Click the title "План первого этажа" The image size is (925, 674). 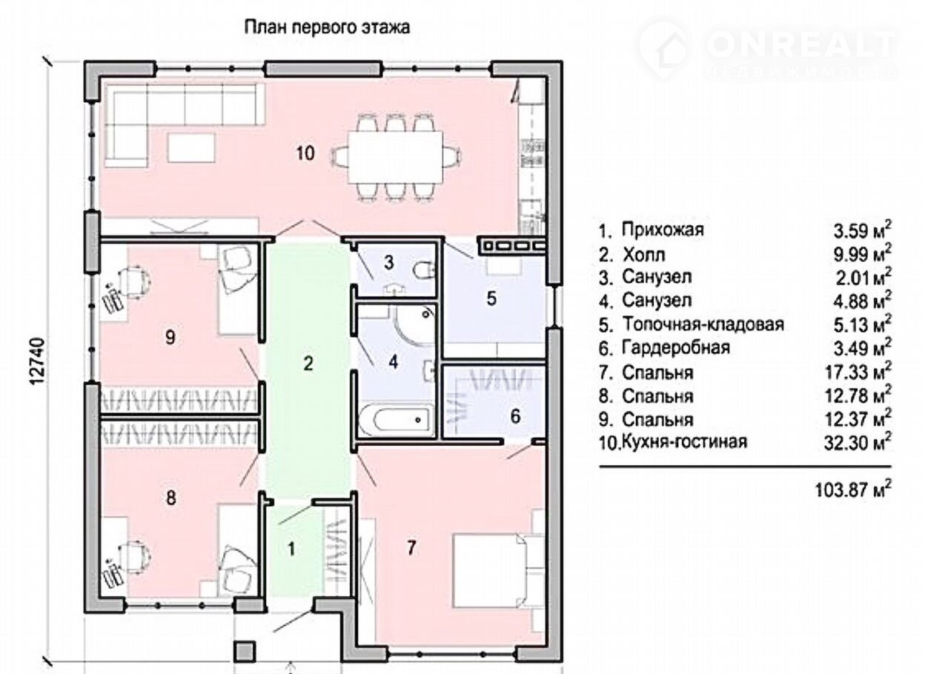[327, 27]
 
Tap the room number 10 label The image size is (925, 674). [305, 153]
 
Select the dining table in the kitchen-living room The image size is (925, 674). [395, 156]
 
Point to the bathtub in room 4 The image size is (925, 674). [396, 420]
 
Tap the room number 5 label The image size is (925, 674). [491, 298]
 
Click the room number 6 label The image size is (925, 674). [515, 416]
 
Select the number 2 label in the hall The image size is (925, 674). [308, 363]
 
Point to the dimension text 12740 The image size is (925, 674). [38, 361]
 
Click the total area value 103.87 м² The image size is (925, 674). [853, 490]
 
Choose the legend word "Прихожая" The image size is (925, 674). [663, 230]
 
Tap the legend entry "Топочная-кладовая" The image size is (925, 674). [703, 324]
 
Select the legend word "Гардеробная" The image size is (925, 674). [676, 347]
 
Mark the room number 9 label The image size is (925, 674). [170, 337]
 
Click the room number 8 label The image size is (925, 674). [170, 498]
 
